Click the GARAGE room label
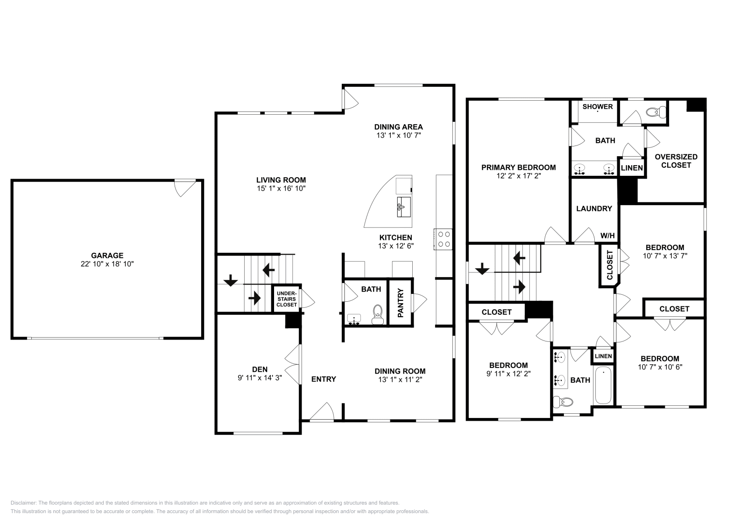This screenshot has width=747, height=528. point(107,255)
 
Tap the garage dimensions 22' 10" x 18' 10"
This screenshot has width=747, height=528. point(107,264)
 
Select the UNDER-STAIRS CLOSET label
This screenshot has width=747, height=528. point(286,299)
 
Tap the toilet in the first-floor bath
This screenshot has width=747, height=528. point(377,314)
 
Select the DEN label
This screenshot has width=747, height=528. point(260,369)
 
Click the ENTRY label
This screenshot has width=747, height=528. point(324,379)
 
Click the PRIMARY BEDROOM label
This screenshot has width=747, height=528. point(518,167)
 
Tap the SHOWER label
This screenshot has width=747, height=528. point(597,106)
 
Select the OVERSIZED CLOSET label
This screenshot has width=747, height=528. point(676,161)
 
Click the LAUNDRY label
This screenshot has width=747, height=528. point(594,208)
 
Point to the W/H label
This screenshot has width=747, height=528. point(607,236)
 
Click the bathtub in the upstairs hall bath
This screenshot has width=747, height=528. point(603,386)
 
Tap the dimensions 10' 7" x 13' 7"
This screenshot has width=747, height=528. point(665,256)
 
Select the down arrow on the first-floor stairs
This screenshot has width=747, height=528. point(230,281)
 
